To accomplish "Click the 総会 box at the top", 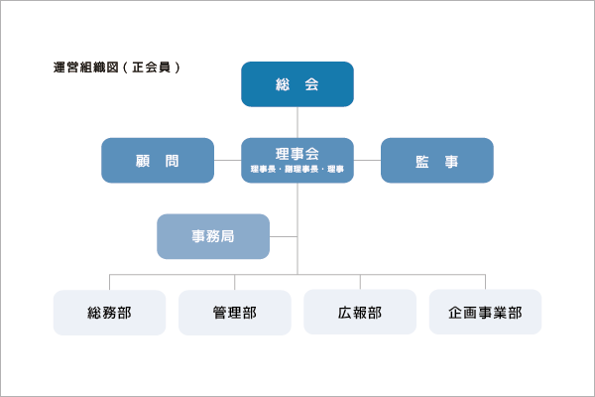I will tap(297, 84).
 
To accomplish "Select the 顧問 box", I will tap(158, 160).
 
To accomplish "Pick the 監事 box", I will tap(436, 160).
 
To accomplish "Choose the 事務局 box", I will tap(213, 236).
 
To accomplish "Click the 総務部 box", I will tap(109, 313).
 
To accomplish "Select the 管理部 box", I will tap(235, 313).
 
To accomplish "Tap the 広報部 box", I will tap(360, 313).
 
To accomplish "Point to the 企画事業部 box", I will tap(485, 313).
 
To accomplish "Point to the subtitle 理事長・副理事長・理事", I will tap(297, 171).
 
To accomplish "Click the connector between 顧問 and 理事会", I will tap(228, 160).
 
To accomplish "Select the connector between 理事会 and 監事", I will tap(367, 160).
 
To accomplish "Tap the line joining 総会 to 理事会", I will tap(297, 122).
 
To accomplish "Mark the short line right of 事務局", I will tap(284, 236).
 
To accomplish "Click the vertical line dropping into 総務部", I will tap(109, 282).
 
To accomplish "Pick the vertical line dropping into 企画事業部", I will tap(485, 282).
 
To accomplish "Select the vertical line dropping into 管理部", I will tap(235, 282).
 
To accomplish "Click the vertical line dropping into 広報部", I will tap(360, 282).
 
